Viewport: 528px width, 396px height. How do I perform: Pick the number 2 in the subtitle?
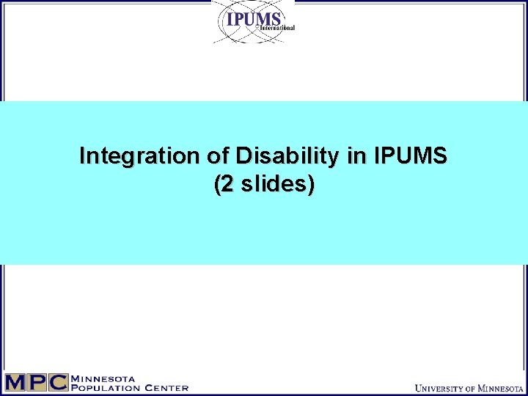pos(226,184)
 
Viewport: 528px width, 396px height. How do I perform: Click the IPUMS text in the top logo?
pos(254,19)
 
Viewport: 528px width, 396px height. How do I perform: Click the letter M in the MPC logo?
pos(15,382)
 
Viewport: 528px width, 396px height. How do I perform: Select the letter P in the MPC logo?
pos(36,382)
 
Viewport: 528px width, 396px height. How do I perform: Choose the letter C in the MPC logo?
pos(57,382)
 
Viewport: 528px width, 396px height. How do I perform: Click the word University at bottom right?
pos(441,387)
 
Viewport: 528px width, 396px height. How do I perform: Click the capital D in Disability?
pos(243,156)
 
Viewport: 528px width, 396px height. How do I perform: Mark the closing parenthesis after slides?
pos(312,185)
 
